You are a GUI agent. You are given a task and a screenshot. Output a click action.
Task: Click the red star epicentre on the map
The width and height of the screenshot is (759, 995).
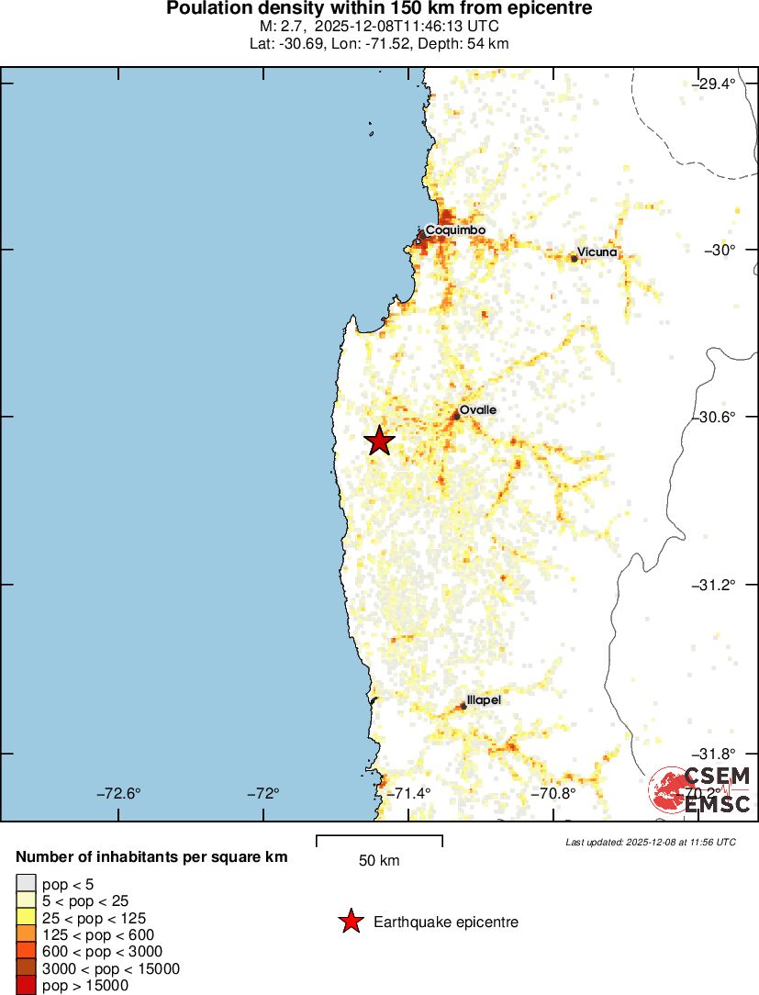coord(379,442)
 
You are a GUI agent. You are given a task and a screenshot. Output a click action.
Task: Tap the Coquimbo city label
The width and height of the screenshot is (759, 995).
coord(455,229)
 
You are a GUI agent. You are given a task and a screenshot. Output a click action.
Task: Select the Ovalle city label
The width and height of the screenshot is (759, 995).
coord(478,409)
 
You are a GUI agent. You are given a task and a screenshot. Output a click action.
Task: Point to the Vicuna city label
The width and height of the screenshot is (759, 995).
coord(597,252)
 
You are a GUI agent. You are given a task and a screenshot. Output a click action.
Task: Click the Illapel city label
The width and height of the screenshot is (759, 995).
coord(485,699)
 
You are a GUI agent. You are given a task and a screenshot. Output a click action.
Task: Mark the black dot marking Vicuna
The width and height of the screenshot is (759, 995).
coord(575,259)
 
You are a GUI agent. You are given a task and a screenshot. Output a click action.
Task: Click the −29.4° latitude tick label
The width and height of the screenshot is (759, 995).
coord(714,84)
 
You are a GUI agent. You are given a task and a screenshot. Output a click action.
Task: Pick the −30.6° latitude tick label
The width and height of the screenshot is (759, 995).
coord(714,417)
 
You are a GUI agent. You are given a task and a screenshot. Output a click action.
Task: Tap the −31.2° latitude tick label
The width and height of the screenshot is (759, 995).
coord(714,585)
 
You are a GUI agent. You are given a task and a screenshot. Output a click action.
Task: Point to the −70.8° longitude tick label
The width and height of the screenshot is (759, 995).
coord(557,793)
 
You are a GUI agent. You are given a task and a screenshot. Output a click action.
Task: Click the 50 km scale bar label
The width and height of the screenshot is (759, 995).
coord(379,861)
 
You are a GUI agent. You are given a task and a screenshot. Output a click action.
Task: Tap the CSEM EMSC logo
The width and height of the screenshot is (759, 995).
coord(701,790)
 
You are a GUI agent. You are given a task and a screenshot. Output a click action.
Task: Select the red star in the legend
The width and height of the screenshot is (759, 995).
coord(350,922)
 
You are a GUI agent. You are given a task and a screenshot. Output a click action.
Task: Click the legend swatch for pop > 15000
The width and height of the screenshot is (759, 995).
coord(25,986)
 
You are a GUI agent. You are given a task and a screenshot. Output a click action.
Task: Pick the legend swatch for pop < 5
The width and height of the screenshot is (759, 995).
coord(25,884)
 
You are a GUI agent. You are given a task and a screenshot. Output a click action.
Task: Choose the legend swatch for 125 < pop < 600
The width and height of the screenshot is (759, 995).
coord(25,934)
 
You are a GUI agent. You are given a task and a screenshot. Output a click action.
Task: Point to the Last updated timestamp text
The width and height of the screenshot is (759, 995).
coord(651,842)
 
